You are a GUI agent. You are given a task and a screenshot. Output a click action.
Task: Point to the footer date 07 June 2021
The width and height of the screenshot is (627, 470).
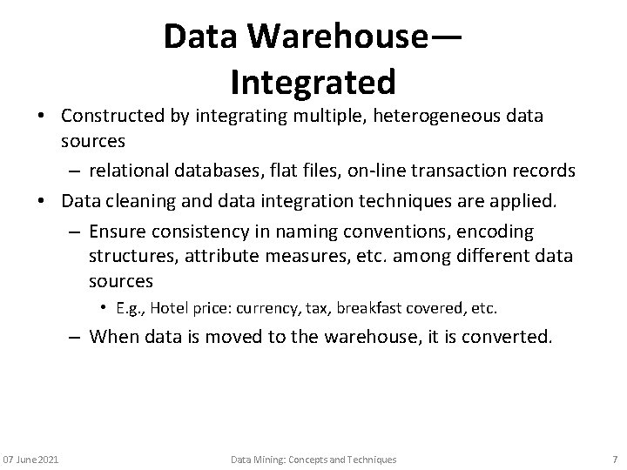tap(30, 459)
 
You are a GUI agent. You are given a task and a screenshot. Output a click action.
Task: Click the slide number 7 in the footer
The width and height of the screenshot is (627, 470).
tap(613, 459)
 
